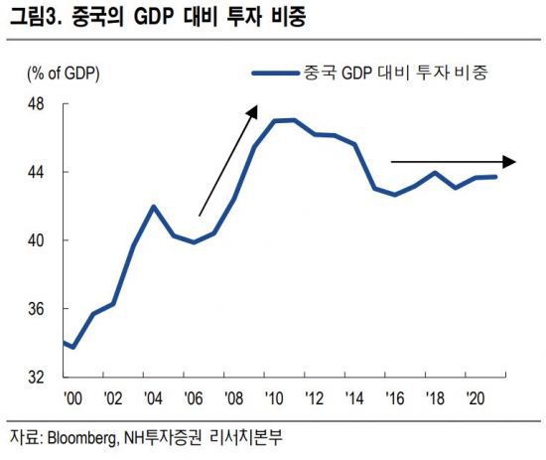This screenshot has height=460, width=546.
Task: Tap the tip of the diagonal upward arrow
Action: click(x=255, y=106)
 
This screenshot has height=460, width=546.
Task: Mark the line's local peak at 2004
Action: click(x=153, y=207)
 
